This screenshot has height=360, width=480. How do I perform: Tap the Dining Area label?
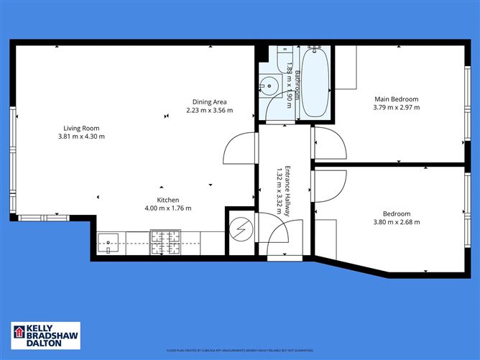coord(211,101)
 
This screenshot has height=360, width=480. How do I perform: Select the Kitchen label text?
coord(168,200)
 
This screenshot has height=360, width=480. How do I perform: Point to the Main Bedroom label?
coord(396,98)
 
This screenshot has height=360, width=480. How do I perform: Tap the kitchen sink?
coord(109,242)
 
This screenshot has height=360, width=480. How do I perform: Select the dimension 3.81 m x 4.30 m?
coord(81,137)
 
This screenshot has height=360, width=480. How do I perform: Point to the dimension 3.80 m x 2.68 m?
coord(396,222)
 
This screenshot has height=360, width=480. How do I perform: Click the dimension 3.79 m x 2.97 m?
coord(396,107)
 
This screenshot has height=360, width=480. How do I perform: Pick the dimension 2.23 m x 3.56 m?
coord(211,110)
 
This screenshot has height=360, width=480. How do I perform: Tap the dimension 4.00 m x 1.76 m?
coord(168,208)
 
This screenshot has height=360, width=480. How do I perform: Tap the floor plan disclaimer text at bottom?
coord(240,350)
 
